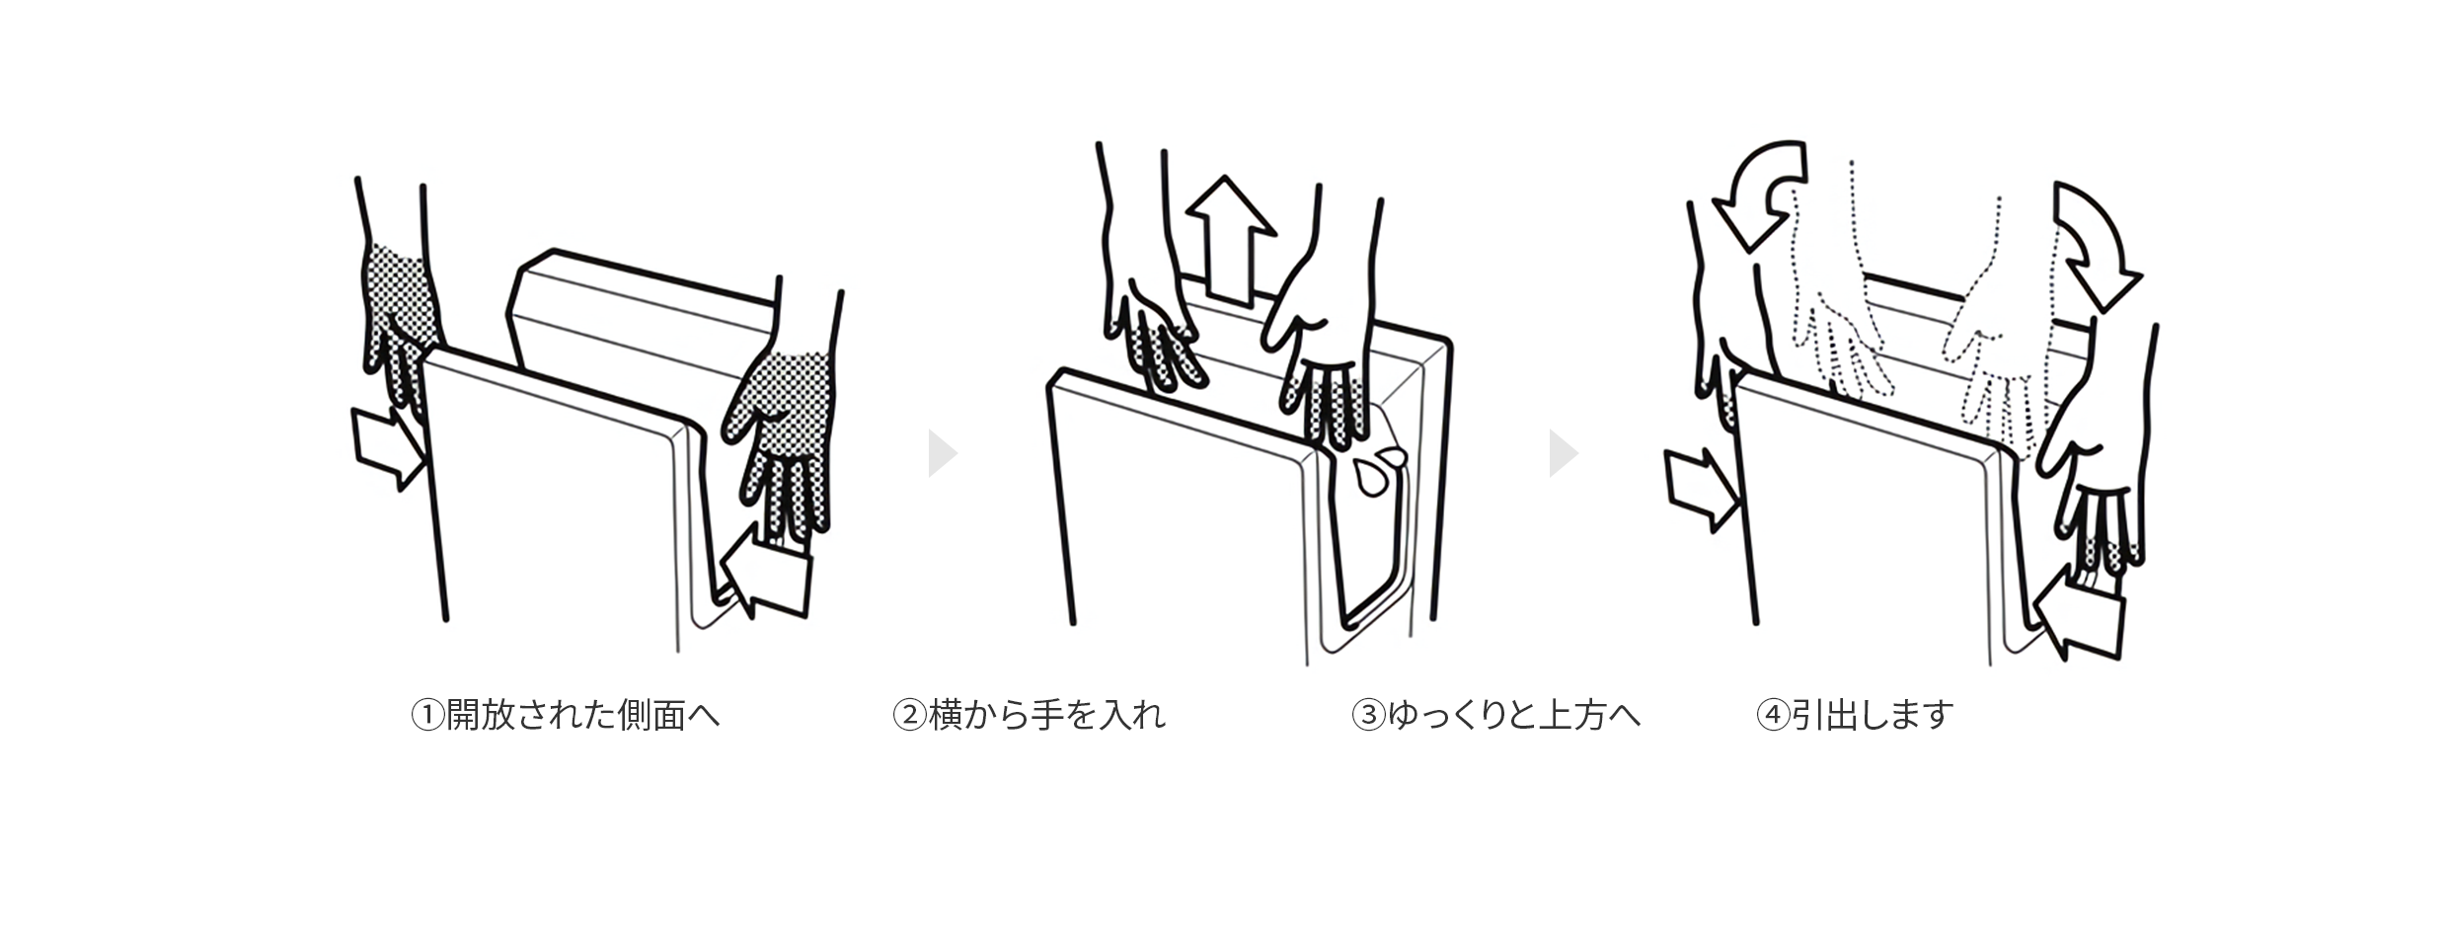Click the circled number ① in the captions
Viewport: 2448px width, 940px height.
(427, 715)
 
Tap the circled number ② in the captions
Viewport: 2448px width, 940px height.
(909, 715)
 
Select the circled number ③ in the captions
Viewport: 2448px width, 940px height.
(1368, 715)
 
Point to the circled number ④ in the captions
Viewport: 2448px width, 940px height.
(1773, 715)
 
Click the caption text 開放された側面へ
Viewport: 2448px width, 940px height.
(582, 715)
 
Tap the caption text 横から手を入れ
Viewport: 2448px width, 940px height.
(1047, 715)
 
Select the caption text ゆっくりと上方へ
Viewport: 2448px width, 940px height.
(1513, 715)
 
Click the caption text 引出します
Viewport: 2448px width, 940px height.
(1872, 715)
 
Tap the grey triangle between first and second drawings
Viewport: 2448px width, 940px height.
(941, 453)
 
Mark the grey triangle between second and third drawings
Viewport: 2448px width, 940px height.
(1562, 453)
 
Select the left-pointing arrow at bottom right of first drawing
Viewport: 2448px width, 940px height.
(770, 577)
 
